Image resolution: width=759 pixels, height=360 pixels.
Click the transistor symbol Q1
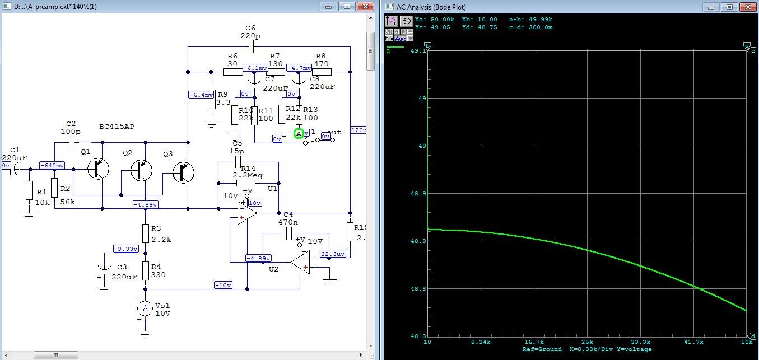[x=99, y=169]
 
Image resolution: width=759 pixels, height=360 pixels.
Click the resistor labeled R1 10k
[x=30, y=191]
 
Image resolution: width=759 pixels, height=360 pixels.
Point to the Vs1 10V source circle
[x=146, y=308]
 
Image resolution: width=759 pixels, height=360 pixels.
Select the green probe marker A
[x=299, y=133]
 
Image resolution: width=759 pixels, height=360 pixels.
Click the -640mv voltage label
[x=52, y=166]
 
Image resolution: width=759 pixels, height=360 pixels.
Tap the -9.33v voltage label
[x=125, y=249]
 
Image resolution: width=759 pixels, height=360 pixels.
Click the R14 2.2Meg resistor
[x=246, y=183]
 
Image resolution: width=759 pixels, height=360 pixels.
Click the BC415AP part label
[x=117, y=127]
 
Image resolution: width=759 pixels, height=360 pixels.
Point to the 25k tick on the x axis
[x=587, y=342]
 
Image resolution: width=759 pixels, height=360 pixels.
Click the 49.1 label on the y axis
[x=417, y=50]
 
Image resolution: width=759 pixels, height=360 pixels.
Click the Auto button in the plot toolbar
[x=401, y=39]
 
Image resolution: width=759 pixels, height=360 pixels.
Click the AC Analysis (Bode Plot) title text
[x=431, y=7]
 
